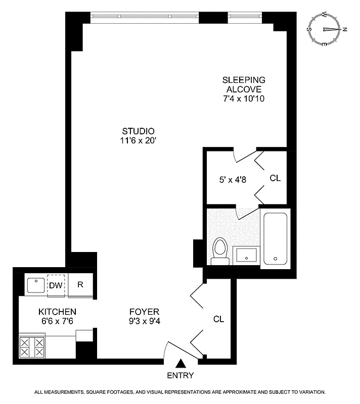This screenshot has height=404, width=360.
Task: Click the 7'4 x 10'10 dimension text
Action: [244, 98]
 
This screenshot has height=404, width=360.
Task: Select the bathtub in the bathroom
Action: [276, 238]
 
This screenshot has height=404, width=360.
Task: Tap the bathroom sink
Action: [246, 256]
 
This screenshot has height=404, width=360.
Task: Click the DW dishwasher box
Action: [56, 285]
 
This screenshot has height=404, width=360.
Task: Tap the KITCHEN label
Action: [57, 312]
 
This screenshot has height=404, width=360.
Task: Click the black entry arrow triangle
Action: [181, 363]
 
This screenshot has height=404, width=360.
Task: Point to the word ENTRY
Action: [181, 376]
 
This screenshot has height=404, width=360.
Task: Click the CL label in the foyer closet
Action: [218, 319]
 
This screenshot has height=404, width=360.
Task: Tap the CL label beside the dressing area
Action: [275, 178]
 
